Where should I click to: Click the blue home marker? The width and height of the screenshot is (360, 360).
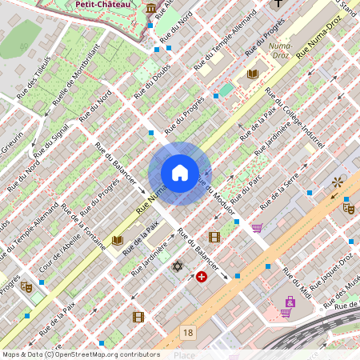pyautogui.click(x=180, y=173)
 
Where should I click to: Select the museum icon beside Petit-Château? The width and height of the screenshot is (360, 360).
pyautogui.click(x=151, y=8)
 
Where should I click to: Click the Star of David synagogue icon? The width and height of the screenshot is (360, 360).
pyautogui.click(x=178, y=266)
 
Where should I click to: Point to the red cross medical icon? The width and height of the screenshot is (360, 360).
pyautogui.click(x=201, y=277)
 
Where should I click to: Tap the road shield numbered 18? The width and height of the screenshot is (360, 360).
pyautogui.click(x=187, y=332)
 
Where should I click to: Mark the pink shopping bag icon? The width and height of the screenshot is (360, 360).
pyautogui.click(x=289, y=302)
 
